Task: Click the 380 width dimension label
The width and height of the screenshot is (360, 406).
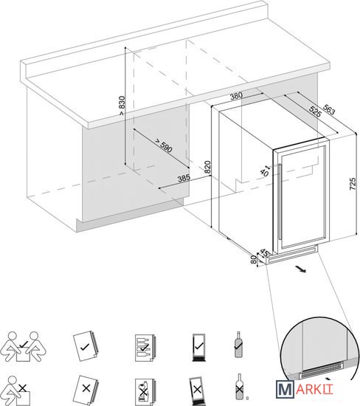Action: click(x=236, y=96)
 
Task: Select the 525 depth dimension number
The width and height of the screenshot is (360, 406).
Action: click(x=315, y=112)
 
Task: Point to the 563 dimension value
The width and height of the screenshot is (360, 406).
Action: click(x=329, y=110)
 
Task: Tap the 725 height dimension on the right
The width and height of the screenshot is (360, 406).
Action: click(x=353, y=184)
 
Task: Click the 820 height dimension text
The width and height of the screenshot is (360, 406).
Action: click(x=207, y=168)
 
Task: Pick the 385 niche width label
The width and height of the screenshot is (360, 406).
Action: click(x=184, y=178)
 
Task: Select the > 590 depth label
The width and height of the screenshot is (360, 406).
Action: click(x=163, y=145)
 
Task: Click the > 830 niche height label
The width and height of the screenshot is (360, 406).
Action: click(x=122, y=106)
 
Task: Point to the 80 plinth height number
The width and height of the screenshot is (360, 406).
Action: click(x=254, y=259)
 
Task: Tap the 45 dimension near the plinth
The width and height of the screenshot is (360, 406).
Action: click(x=263, y=252)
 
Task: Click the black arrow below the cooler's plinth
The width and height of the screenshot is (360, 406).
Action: click(x=301, y=269)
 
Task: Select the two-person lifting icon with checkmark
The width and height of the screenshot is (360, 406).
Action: click(x=24, y=346)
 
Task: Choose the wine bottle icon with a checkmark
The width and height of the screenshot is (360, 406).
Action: click(x=238, y=345)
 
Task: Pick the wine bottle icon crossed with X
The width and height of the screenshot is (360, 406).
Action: click(x=240, y=387)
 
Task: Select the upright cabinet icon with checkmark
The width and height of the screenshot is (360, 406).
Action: click(x=198, y=347)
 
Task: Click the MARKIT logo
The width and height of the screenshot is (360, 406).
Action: click(x=305, y=389)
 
